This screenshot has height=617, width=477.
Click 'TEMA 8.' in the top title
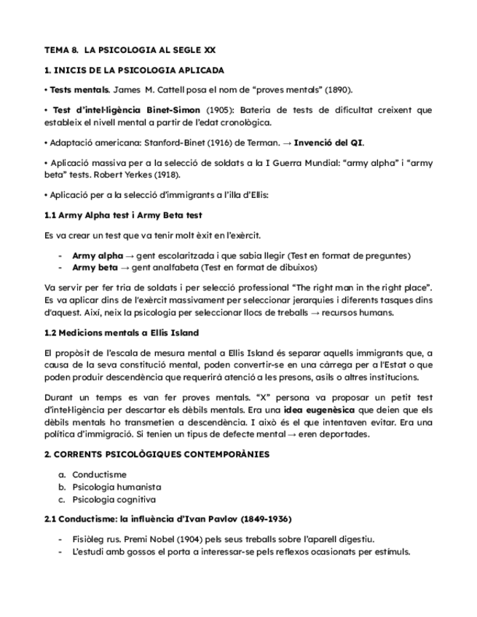tap(61, 50)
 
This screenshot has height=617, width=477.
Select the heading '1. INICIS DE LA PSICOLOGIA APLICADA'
tap(134, 71)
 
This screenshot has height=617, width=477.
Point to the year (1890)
tap(336, 90)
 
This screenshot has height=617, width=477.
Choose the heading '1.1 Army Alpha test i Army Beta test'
tap(123, 215)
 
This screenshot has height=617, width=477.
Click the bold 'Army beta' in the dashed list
tap(95, 267)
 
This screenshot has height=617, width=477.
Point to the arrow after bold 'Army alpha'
tap(128, 256)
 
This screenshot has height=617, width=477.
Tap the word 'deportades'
tap(347, 434)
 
